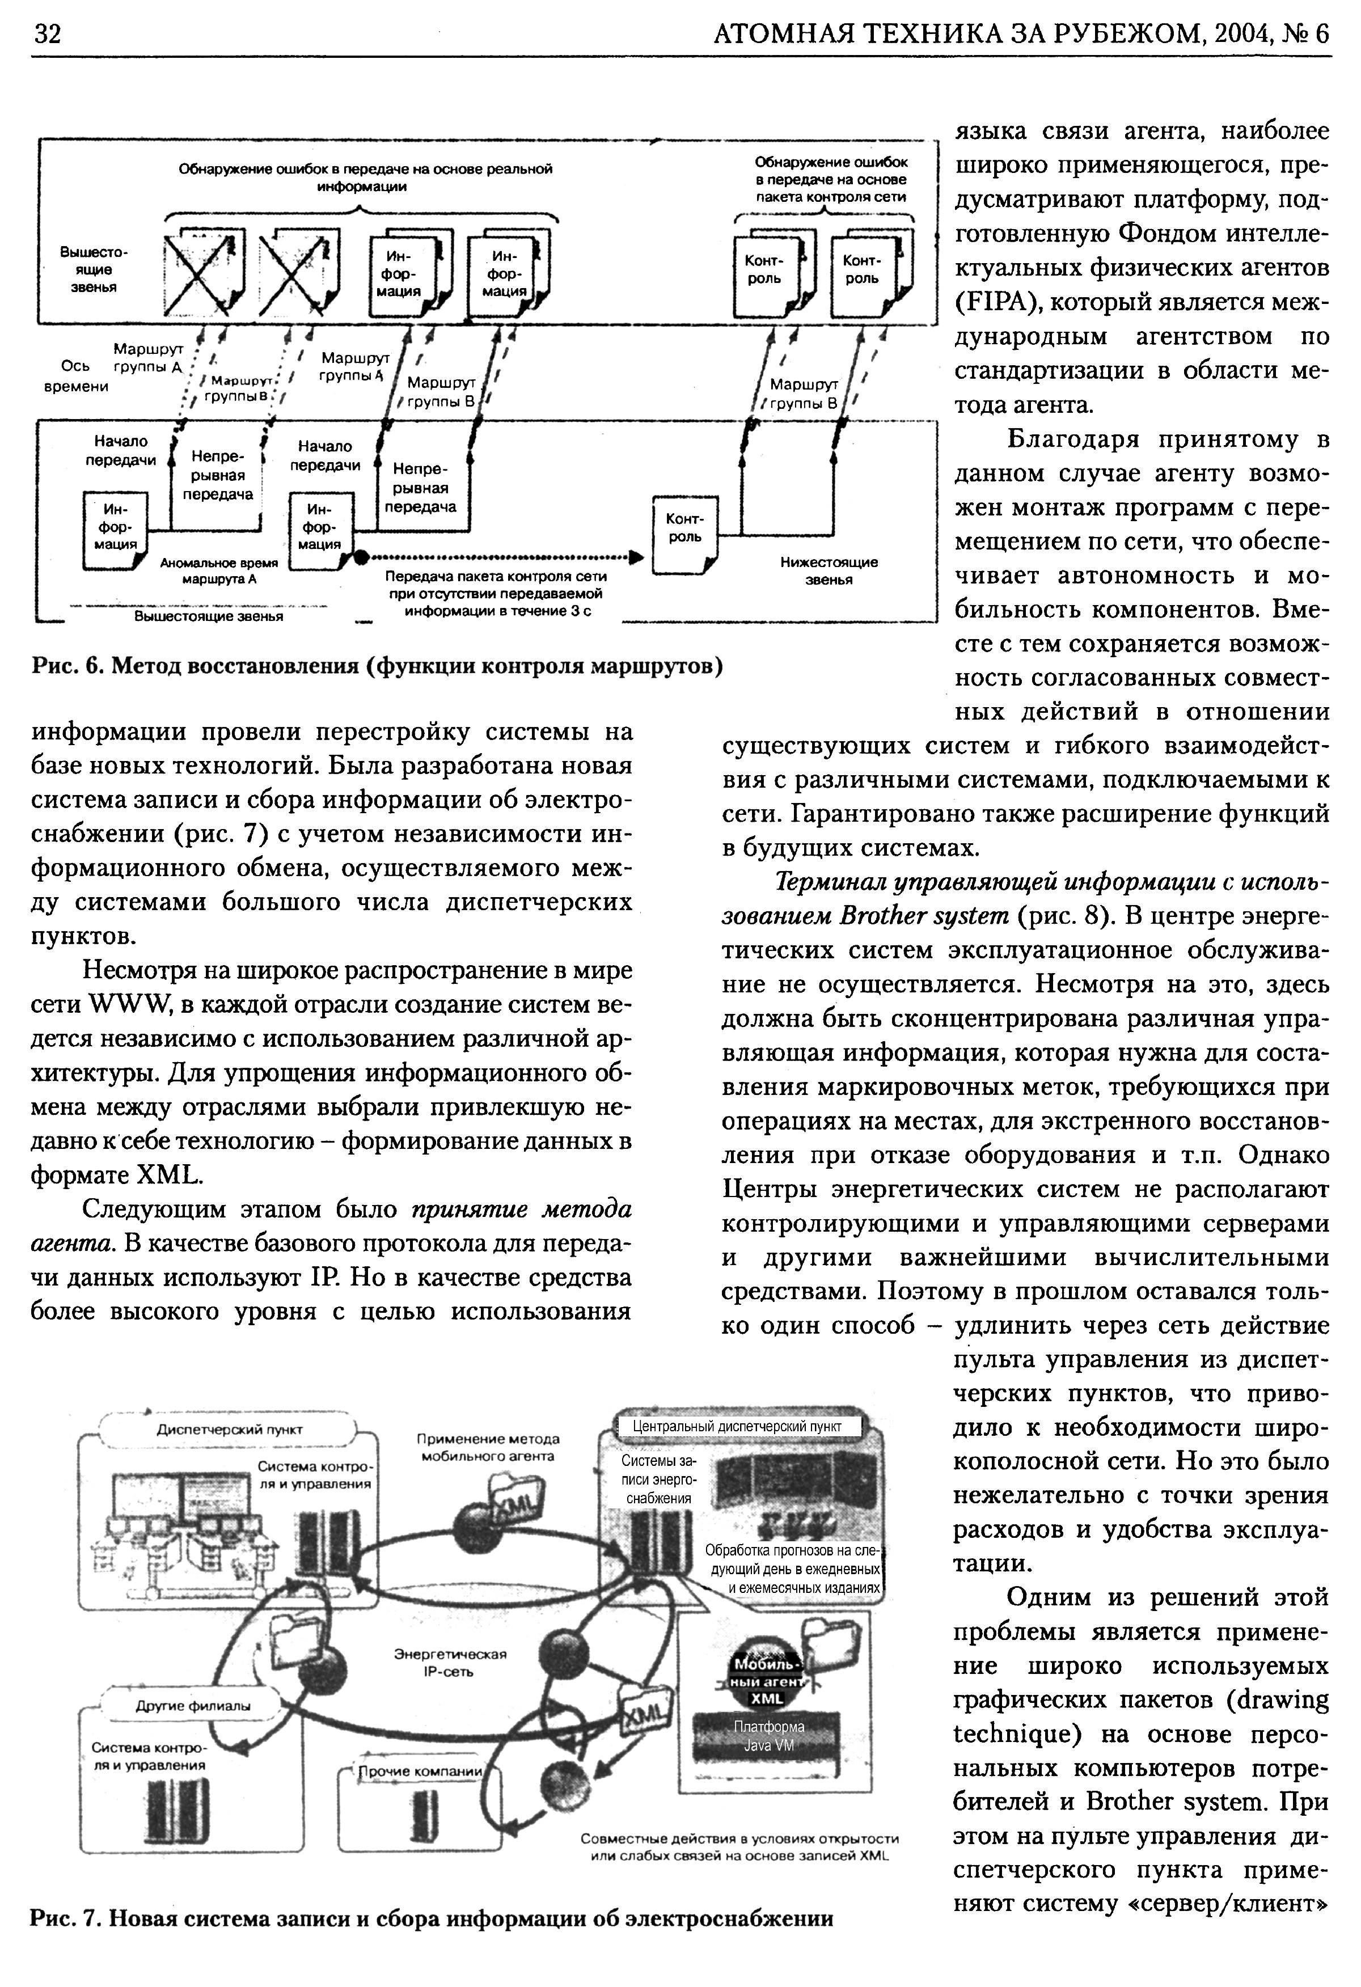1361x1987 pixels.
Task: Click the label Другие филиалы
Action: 193,1706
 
